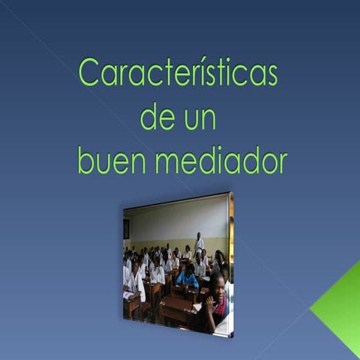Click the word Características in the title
click(178, 74)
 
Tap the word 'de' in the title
click(156, 117)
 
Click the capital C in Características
click(88, 74)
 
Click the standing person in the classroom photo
click(199, 244)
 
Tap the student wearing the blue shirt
click(187, 278)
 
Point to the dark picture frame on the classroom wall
click(127, 228)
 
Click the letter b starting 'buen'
click(85, 159)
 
